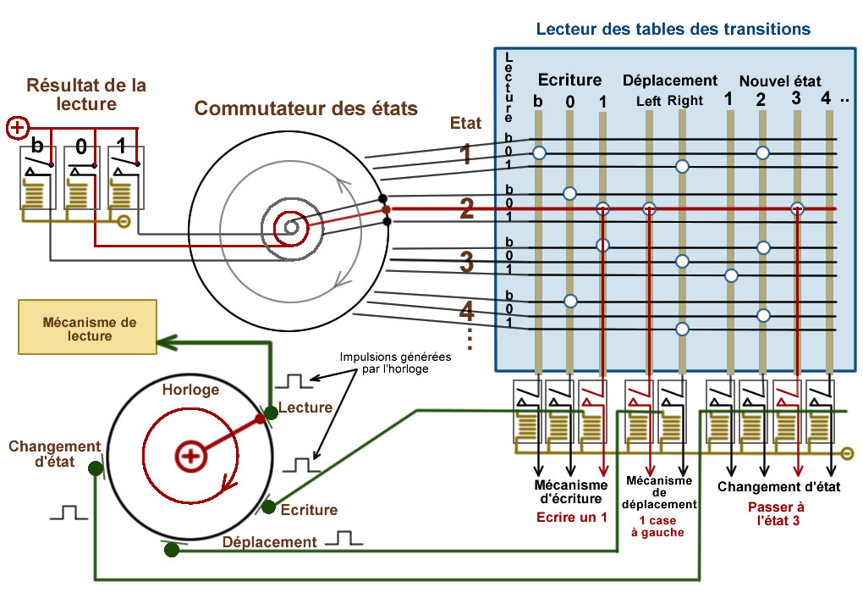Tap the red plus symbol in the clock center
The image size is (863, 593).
190,457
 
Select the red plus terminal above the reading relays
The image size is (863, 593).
18,129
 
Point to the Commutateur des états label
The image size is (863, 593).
306,108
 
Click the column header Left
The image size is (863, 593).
649,101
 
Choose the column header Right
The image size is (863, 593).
684,101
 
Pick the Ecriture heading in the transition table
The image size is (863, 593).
569,80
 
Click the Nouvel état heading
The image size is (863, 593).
779,81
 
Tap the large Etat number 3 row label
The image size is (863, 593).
466,262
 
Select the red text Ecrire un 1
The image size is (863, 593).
572,518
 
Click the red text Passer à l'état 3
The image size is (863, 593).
778,513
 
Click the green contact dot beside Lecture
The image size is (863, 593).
271,413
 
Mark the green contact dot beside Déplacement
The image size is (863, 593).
172,550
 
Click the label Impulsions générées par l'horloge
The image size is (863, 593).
395,363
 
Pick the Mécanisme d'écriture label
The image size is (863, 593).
571,492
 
